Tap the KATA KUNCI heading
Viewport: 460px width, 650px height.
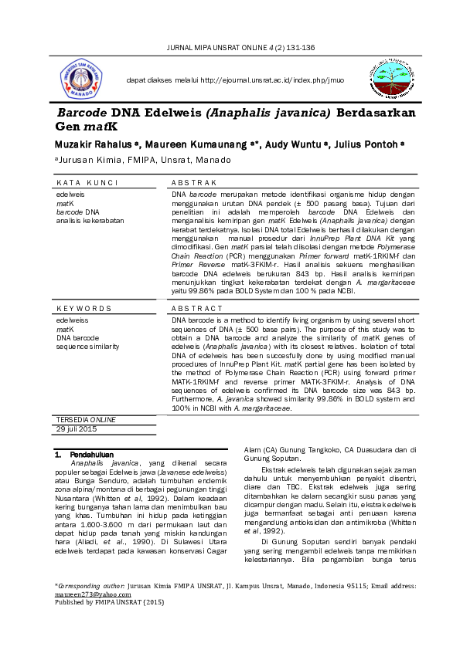(x=87, y=183)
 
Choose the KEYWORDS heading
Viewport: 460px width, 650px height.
(x=84, y=308)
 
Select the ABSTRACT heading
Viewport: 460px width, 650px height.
(x=196, y=308)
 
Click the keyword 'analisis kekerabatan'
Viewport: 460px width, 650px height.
(x=90, y=220)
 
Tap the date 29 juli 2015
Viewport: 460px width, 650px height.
(x=77, y=428)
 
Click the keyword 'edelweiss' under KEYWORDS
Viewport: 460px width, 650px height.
(x=73, y=319)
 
